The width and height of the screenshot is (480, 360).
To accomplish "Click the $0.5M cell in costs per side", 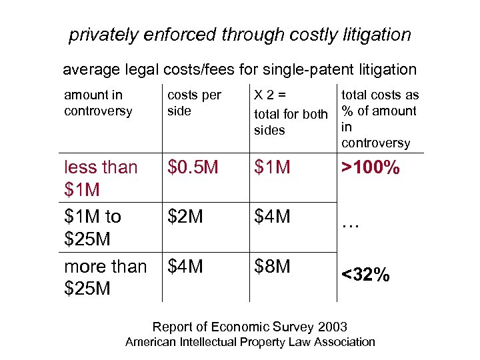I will point(193,167).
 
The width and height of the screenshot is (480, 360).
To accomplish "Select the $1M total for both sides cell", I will point(272,167).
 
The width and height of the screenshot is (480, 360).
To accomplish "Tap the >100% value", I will point(371,168).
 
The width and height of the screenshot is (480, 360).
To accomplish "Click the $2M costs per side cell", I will point(185,216).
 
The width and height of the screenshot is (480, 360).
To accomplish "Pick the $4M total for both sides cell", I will point(272,216).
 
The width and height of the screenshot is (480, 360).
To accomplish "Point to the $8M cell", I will point(272,266).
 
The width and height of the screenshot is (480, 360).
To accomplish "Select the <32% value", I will point(365,274).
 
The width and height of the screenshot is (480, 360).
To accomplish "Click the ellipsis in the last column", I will point(351,225).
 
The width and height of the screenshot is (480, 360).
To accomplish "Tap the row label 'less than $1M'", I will point(101,178).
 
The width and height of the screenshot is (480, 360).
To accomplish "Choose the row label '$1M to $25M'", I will point(93,227).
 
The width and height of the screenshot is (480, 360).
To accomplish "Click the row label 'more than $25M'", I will point(105,277).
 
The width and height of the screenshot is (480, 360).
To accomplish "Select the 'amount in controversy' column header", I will point(98,103).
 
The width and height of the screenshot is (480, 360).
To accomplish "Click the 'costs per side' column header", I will point(194,103).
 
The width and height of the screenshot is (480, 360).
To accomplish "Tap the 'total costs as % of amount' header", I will point(379,103).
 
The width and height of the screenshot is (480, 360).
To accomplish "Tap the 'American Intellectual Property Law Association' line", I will point(250,342).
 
